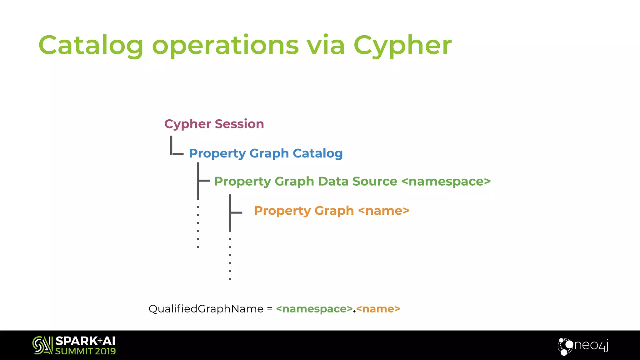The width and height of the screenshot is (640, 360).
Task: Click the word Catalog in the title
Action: pyautogui.click(x=91, y=46)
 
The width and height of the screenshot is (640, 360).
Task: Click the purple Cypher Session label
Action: pyautogui.click(x=214, y=124)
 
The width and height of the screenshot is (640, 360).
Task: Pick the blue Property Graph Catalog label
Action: pyautogui.click(x=266, y=153)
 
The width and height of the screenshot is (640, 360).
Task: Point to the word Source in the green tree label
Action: pyautogui.click(x=375, y=181)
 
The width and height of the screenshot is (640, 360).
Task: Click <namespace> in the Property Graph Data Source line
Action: pyautogui.click(x=446, y=181)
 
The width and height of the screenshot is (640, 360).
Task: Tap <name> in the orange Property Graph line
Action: pyautogui.click(x=384, y=211)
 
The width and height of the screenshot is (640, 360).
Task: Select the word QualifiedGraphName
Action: pyautogui.click(x=206, y=309)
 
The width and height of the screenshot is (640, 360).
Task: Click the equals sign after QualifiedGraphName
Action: pyautogui.click(x=270, y=309)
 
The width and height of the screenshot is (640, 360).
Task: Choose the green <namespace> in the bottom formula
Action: pyautogui.click(x=314, y=309)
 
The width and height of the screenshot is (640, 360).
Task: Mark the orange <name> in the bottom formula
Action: pyautogui.click(x=378, y=309)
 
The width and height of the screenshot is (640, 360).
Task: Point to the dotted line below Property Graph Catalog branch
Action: pyautogui.click(x=198, y=227)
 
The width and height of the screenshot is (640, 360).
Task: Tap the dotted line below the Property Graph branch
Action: pyautogui.click(x=230, y=259)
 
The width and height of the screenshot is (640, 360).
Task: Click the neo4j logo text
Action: pyautogui.click(x=591, y=345)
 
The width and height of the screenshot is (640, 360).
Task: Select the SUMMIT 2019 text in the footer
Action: pyautogui.click(x=85, y=351)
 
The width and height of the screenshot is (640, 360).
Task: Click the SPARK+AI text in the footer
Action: pyautogui.click(x=85, y=341)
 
